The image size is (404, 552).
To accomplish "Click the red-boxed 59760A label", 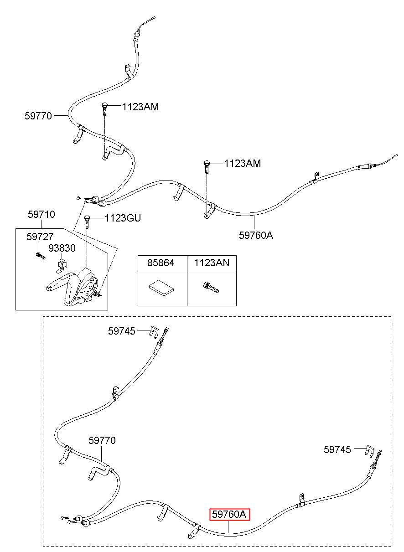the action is click(229, 514).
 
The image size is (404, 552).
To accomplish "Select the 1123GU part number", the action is click(123, 218).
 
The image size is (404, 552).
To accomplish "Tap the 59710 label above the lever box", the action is click(41, 214).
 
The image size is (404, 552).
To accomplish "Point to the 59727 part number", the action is click(40, 237).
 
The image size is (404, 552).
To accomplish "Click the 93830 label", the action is click(62, 248).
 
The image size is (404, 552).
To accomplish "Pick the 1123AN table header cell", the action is click(212, 263).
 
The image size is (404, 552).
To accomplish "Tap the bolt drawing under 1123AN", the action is click(211, 288).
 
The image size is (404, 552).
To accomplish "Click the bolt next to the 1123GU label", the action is click(87, 222).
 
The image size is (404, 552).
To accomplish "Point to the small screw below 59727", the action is click(41, 256).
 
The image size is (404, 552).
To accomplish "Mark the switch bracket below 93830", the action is click(62, 265).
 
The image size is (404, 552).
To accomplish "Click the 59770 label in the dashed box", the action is click(102, 440).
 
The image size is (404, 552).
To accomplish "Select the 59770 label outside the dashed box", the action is click(38, 116).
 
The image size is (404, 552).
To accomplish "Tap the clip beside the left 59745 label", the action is click(154, 331).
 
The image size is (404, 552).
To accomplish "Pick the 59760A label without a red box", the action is click(256, 235).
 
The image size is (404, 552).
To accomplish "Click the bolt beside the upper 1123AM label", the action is click(104, 109).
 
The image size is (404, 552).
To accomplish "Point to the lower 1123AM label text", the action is click(243, 163).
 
